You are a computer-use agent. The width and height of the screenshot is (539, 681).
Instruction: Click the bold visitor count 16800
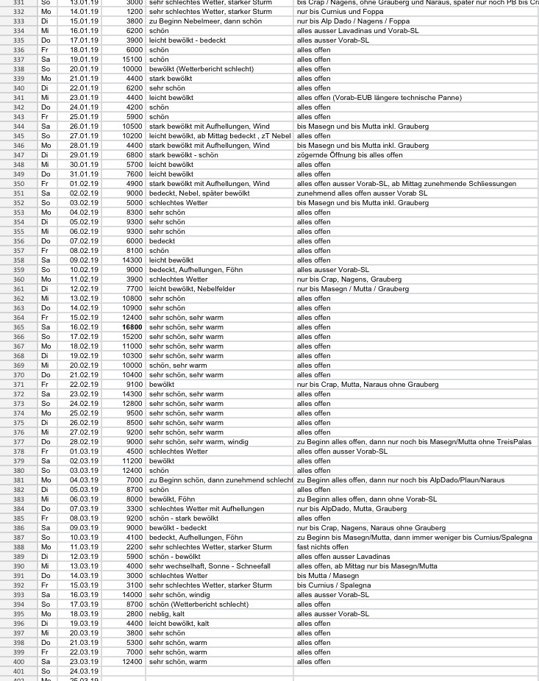point(132,327)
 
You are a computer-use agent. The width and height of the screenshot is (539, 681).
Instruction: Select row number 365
point(18,327)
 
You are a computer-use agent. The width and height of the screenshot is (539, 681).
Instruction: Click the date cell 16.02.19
point(83,327)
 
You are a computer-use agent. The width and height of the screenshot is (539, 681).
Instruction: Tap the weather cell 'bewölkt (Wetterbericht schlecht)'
point(201,68)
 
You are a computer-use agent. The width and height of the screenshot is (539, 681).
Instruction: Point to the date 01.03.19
point(83,451)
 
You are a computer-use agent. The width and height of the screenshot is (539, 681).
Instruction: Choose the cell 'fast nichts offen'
point(322,546)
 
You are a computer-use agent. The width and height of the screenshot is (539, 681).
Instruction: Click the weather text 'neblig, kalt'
point(167,613)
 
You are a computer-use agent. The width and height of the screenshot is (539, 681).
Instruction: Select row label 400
point(18,661)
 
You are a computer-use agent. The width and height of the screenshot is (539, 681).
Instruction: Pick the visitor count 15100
point(132,59)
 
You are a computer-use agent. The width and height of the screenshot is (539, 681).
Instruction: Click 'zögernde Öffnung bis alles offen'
point(349,154)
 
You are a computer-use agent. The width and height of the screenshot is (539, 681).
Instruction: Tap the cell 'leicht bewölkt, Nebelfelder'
point(192,288)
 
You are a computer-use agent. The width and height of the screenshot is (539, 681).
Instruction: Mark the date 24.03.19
point(83,671)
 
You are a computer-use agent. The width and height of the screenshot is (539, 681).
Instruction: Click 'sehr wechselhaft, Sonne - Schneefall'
point(210,566)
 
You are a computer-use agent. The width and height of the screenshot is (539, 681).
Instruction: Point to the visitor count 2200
point(134,546)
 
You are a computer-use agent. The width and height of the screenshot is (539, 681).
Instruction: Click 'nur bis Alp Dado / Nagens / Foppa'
point(353,21)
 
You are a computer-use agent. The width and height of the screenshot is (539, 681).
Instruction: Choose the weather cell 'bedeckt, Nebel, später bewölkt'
point(199,193)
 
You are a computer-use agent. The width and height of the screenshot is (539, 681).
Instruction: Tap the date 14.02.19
point(83,307)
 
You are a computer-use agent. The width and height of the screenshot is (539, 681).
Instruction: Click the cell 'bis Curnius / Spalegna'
point(334,585)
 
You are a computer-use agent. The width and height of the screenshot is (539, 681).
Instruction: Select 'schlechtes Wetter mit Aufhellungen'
point(206,508)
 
